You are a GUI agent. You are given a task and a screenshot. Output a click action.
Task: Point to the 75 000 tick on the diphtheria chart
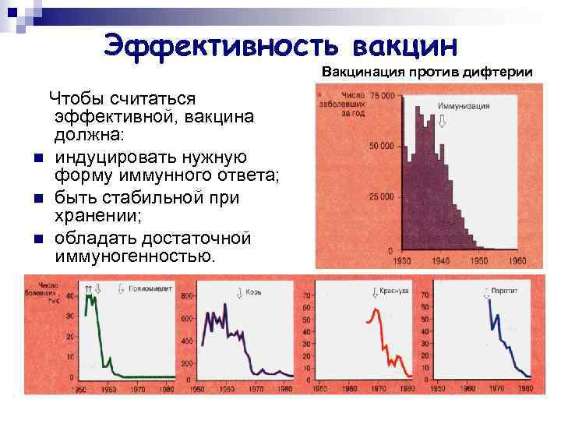tap(383, 95)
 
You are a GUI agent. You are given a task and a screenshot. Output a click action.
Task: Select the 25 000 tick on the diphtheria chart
tap(383, 198)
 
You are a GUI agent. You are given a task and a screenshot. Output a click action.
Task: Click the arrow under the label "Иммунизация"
tap(442, 121)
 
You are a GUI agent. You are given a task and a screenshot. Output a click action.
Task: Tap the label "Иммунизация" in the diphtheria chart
tap(463, 105)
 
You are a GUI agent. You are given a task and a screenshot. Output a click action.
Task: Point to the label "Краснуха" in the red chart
tap(395, 291)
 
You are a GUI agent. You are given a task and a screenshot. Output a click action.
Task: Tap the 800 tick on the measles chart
tap(188, 297)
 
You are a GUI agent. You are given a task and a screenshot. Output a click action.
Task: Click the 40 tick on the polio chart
tap(71, 297)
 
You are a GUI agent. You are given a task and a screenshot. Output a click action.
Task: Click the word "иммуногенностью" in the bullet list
tap(133, 256)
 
